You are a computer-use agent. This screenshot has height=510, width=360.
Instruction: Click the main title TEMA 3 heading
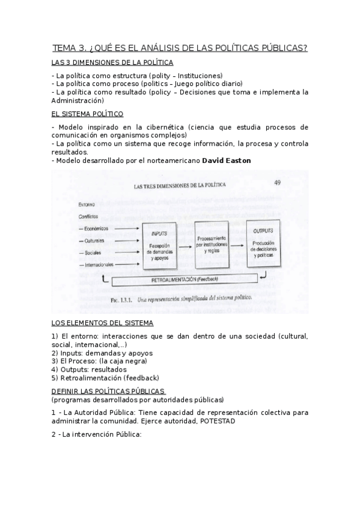[x=180, y=48]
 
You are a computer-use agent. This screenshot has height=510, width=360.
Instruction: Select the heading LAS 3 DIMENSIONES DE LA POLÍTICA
[x=112, y=62]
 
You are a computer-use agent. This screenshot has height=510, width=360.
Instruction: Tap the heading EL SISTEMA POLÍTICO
[x=88, y=113]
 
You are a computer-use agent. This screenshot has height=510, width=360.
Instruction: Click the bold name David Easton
[x=227, y=161]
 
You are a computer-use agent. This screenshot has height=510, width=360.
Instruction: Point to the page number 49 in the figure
[x=277, y=183]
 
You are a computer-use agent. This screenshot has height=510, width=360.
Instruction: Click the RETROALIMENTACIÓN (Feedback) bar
[x=185, y=279]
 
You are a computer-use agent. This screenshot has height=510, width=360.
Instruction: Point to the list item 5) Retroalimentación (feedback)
[x=105, y=378]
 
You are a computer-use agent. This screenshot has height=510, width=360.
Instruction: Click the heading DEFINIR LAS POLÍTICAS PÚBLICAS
[x=100, y=391]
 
